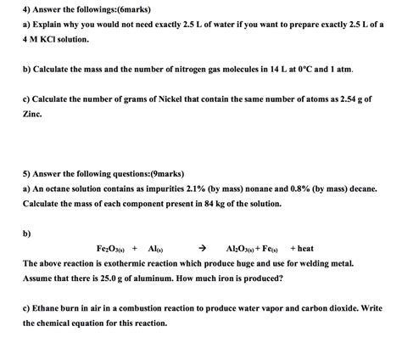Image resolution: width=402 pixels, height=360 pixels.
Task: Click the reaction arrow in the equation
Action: pyautogui.click(x=201, y=249)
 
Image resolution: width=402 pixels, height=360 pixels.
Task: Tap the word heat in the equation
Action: pyautogui.click(x=305, y=249)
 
